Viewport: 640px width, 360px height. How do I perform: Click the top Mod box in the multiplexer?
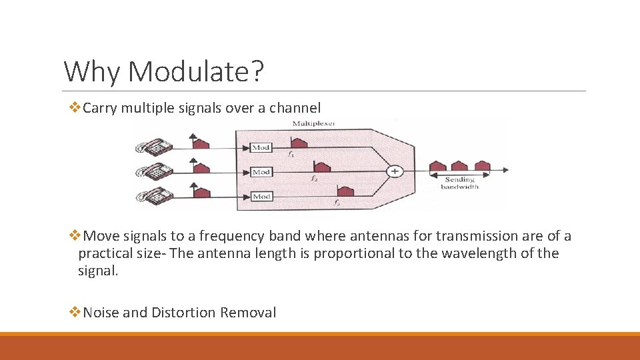261,147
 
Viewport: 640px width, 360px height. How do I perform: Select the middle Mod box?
261,172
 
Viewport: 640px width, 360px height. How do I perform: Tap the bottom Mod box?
261,196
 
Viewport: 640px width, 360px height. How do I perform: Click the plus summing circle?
395,171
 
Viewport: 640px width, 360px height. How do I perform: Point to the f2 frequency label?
314,179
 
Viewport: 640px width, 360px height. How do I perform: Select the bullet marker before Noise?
74,313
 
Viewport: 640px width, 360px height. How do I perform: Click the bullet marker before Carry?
74,107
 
